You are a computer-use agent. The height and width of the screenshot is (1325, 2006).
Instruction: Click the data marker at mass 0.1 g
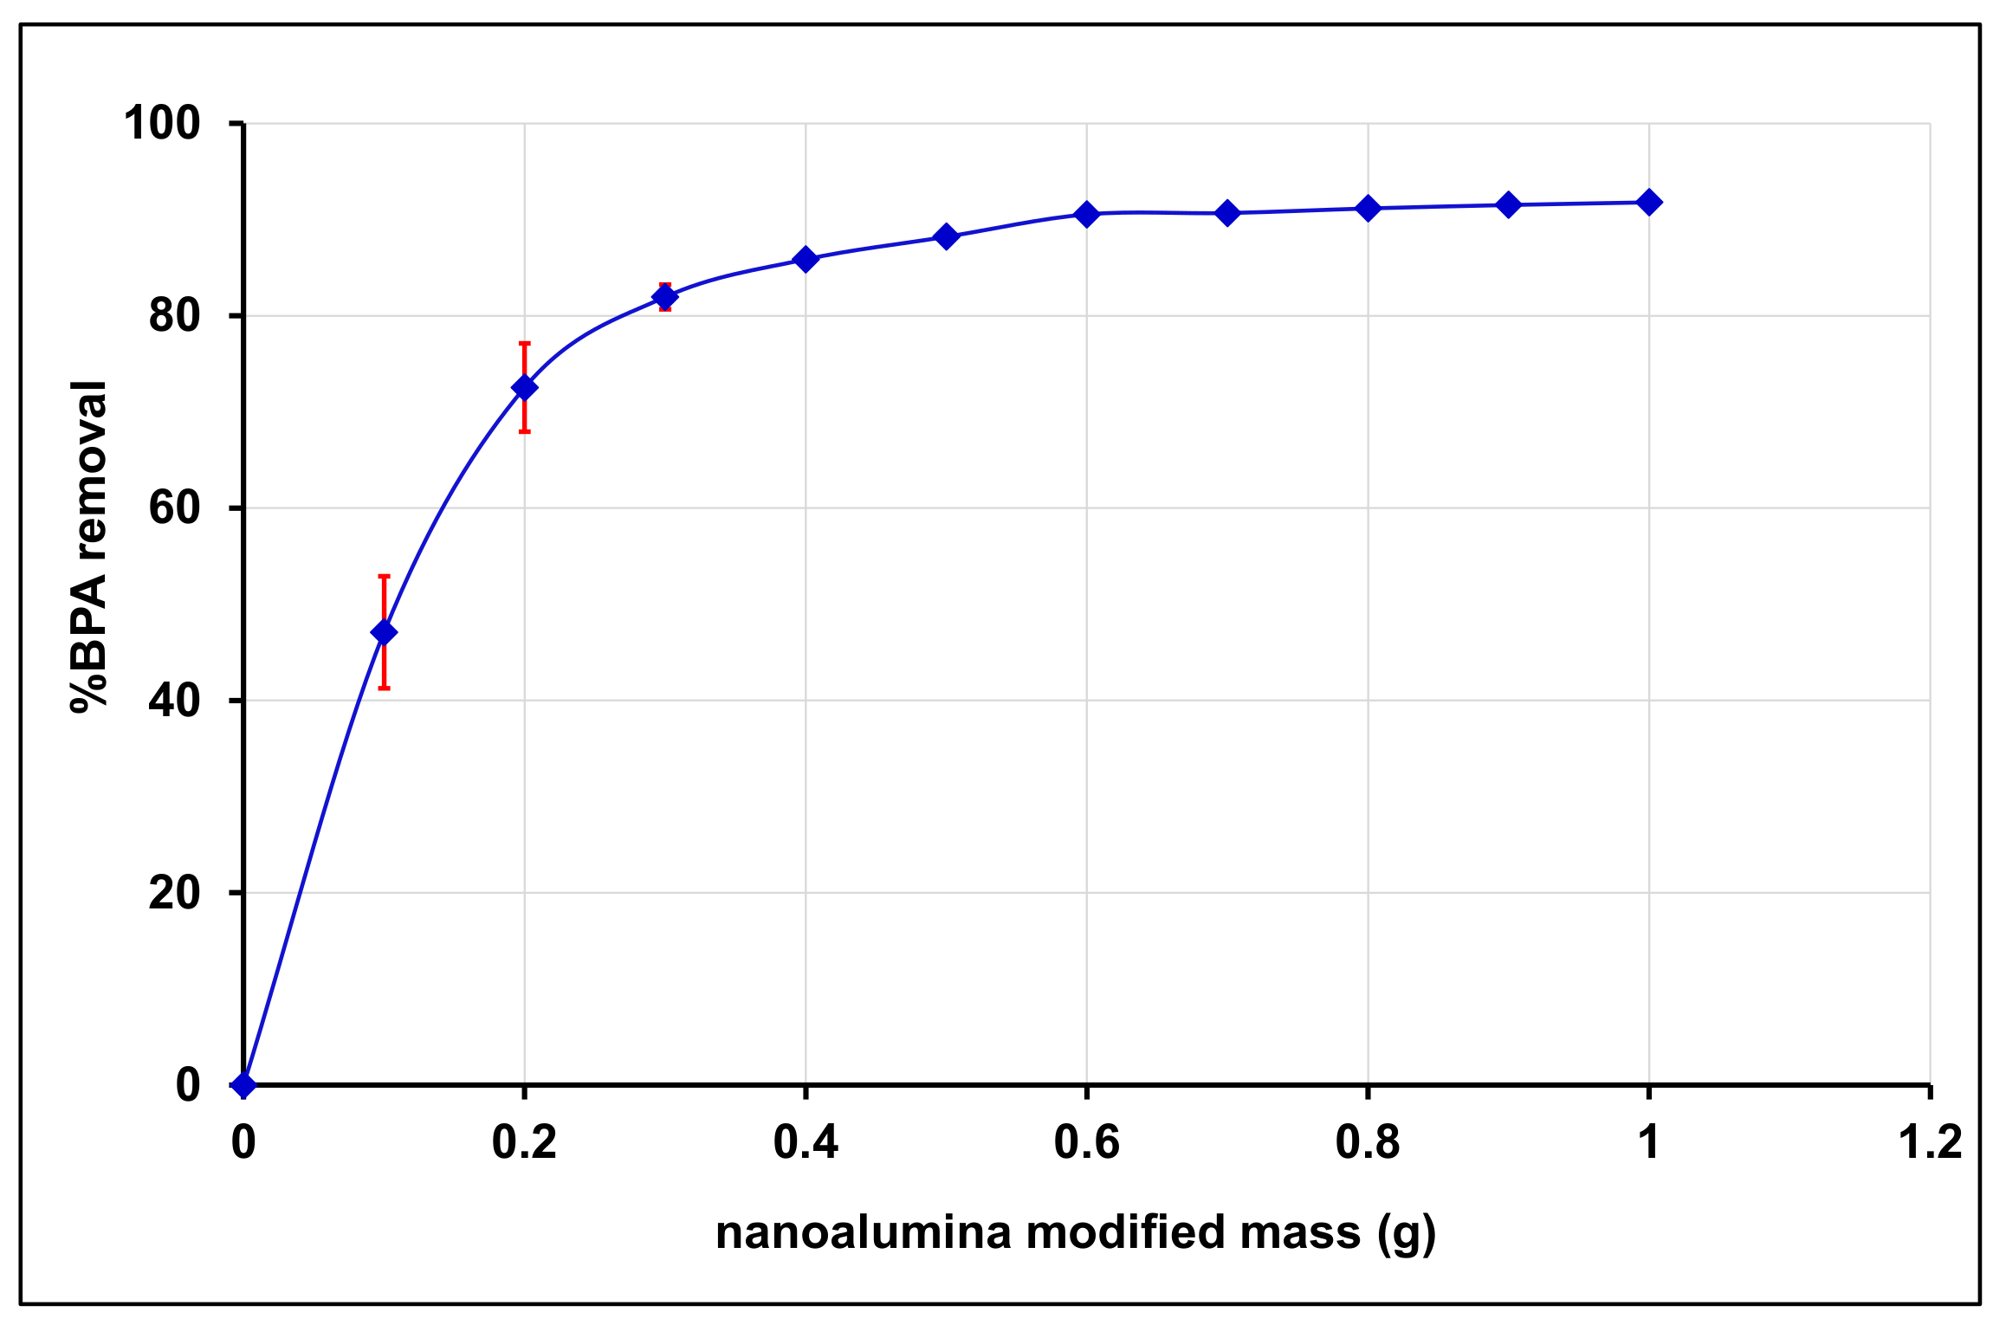point(384,632)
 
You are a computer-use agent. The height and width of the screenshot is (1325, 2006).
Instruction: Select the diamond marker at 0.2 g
point(524,387)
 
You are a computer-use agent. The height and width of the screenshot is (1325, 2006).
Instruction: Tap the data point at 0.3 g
point(664,297)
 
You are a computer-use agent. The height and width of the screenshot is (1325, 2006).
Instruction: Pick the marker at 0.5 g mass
point(946,236)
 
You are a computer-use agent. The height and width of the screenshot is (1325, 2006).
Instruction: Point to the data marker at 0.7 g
point(1226,213)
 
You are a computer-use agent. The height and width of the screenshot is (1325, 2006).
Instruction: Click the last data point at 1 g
point(1649,203)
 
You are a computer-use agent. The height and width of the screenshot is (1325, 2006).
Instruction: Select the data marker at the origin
point(244,1084)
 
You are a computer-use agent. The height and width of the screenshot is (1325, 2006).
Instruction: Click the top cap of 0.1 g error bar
point(384,576)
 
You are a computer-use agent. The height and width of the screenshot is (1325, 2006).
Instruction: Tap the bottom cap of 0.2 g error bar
point(524,431)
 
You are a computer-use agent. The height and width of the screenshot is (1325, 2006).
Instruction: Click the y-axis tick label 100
point(162,123)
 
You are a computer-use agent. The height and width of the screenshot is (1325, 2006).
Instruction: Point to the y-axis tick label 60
point(174,507)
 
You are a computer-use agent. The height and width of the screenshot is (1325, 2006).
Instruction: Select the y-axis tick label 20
point(174,892)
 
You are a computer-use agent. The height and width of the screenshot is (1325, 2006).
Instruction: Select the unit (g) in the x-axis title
point(1406,1233)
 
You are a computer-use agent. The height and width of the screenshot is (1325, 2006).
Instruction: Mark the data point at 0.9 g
point(1508,205)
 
